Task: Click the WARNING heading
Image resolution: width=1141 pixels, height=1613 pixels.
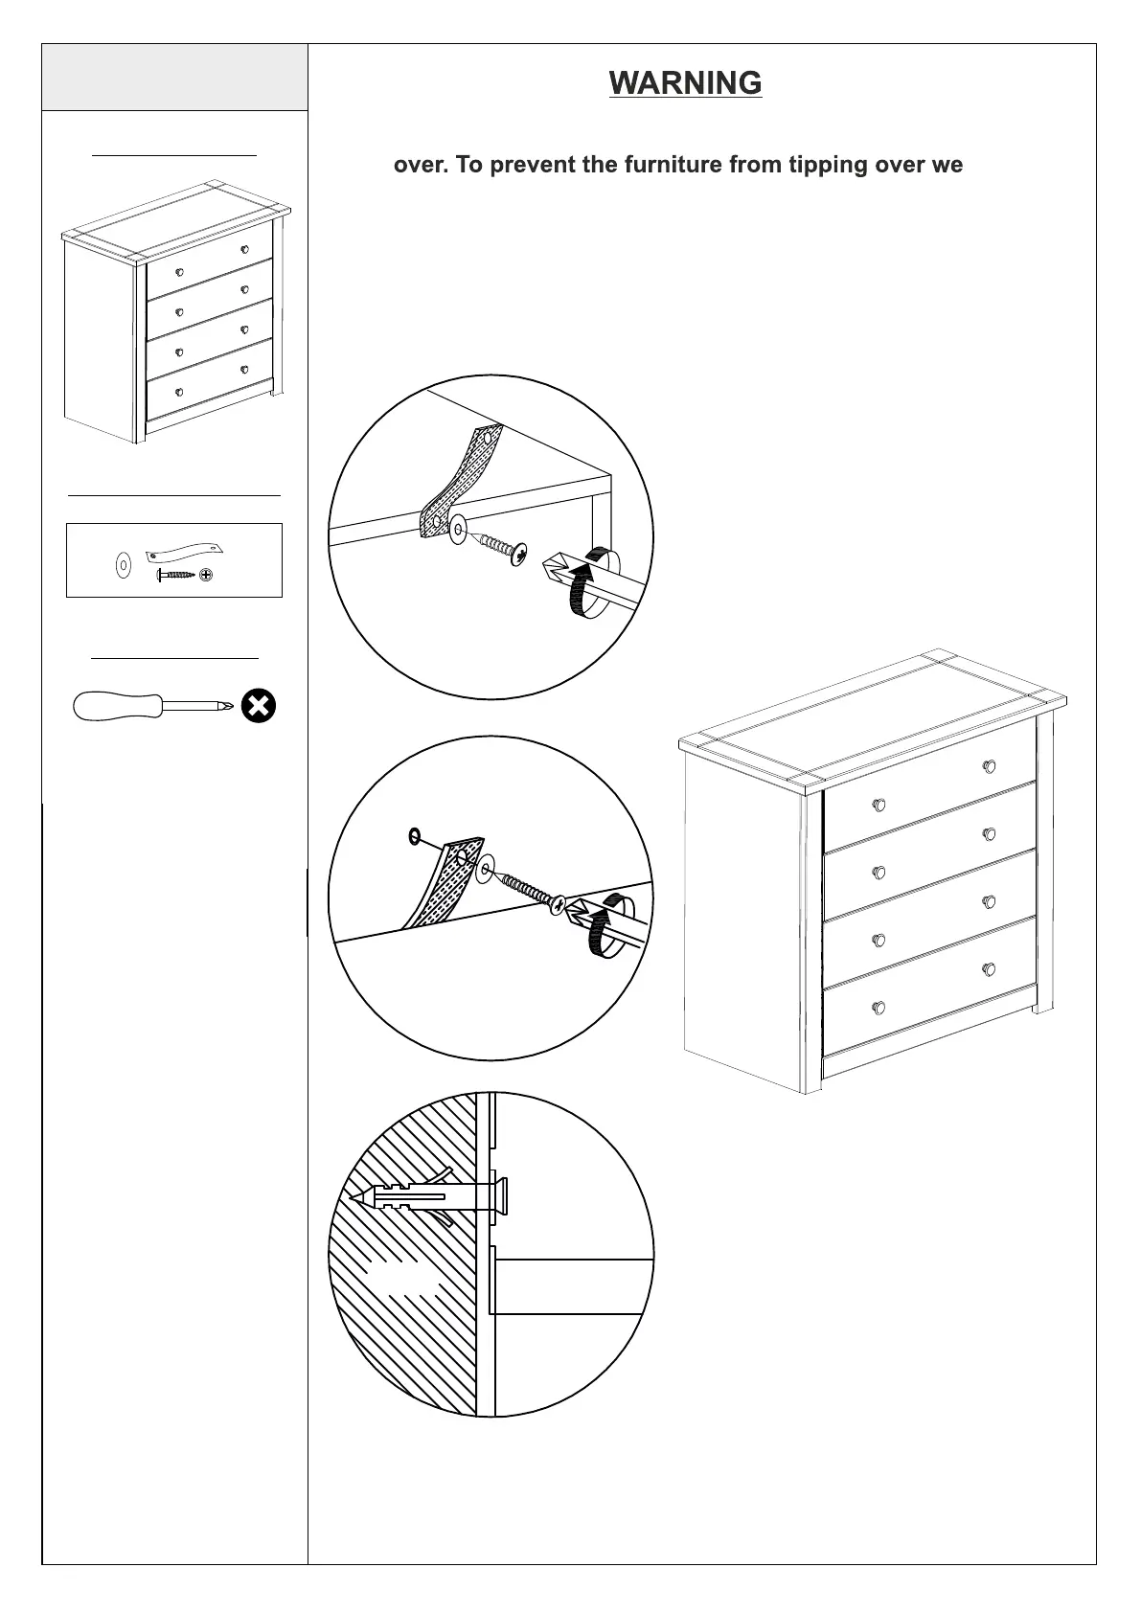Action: [x=685, y=83]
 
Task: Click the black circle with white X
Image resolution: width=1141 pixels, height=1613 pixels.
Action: [x=259, y=707]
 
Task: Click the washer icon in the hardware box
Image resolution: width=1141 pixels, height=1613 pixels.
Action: [x=124, y=566]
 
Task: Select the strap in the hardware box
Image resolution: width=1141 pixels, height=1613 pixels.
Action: [x=185, y=551]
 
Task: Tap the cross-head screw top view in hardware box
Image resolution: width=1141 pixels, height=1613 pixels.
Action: [x=206, y=575]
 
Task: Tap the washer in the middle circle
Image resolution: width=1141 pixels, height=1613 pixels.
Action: [x=484, y=871]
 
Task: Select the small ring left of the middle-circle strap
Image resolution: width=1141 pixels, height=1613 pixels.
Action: [x=414, y=836]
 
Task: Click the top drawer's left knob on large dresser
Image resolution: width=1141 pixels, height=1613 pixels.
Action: [x=879, y=805]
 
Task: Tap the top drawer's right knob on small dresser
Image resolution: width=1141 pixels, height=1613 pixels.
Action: [x=244, y=249]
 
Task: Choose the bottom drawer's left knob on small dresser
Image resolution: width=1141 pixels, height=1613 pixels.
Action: [x=178, y=392]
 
